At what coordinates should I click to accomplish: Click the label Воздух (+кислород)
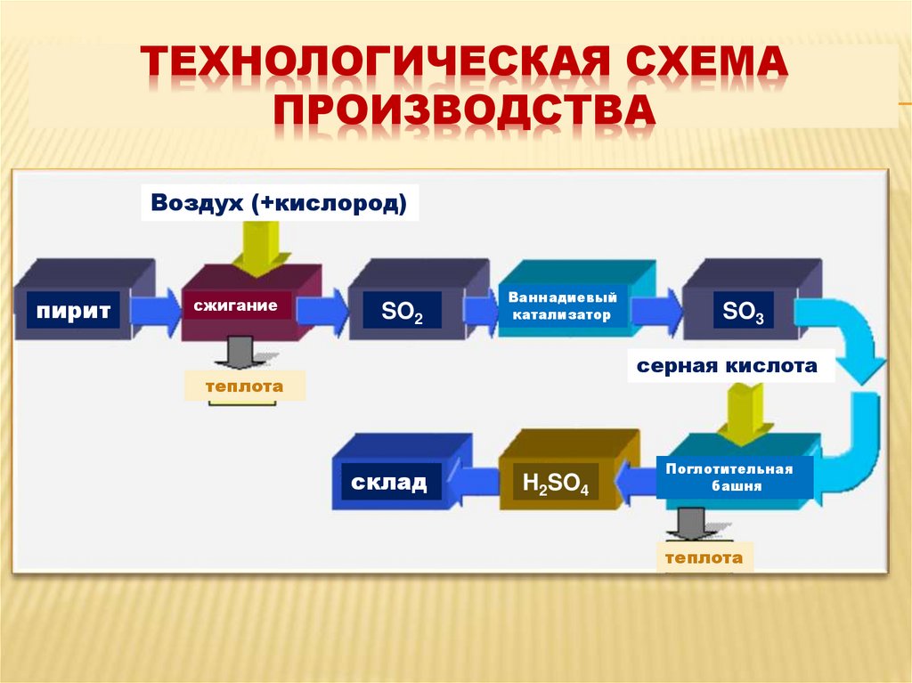279,204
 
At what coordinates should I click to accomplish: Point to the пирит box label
73,311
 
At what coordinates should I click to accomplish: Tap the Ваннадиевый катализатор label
563,306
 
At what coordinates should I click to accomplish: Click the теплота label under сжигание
244,386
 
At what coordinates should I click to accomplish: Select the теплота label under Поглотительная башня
704,557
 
